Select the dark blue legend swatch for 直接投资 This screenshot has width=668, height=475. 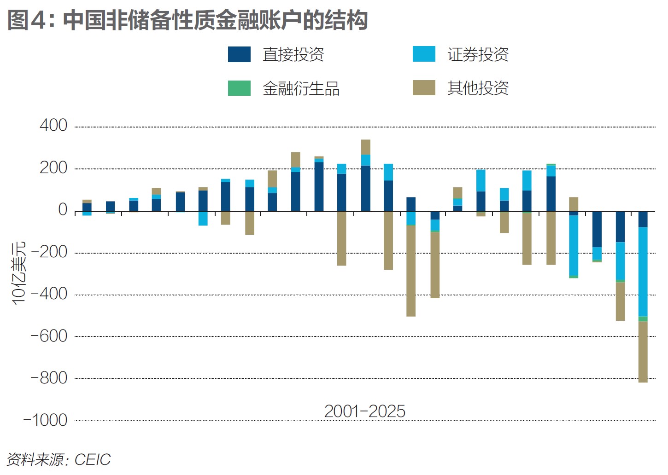[x=239, y=54]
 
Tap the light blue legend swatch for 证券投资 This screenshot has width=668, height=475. [x=424, y=54]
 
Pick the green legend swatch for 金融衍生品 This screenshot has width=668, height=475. [x=239, y=88]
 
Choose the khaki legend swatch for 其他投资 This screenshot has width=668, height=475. [x=424, y=88]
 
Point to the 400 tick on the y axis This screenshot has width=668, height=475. [x=53, y=126]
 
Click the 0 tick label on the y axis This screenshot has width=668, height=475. [x=63, y=210]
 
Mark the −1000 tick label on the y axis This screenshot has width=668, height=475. [x=45, y=420]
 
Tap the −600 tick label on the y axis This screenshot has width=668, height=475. [x=49, y=336]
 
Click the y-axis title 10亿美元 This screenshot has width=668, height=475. [x=19, y=272]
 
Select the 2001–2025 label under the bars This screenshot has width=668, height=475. [x=364, y=411]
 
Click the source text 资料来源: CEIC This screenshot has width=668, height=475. [x=59, y=459]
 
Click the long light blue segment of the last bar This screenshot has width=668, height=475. [x=643, y=272]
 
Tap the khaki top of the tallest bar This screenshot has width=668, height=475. [x=365, y=147]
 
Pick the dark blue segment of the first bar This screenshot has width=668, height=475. [x=87, y=207]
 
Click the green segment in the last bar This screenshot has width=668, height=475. [x=643, y=319]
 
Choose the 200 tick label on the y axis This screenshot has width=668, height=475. [x=53, y=168]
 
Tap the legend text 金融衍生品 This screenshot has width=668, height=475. [x=301, y=88]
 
